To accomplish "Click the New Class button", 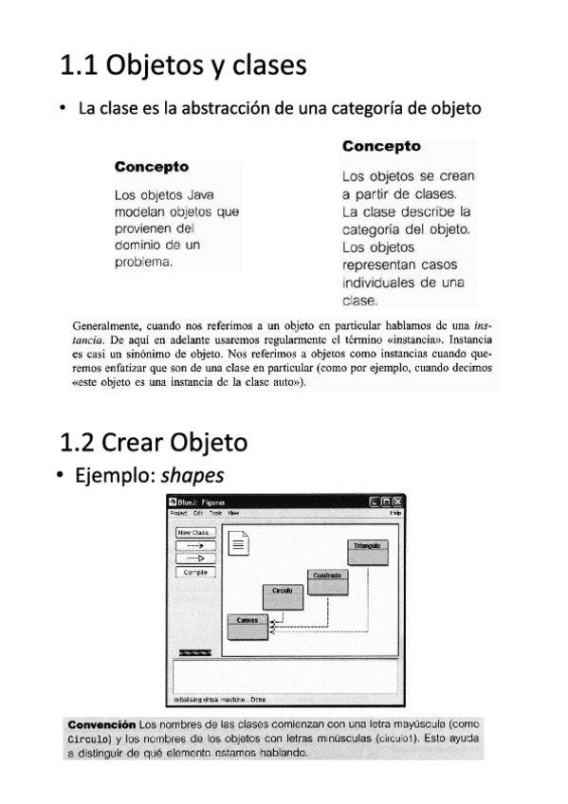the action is (x=196, y=533).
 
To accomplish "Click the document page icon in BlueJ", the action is (x=240, y=543).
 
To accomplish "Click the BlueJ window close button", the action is (x=397, y=501).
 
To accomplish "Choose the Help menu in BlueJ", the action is (x=395, y=512).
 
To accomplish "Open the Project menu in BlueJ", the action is (x=178, y=512).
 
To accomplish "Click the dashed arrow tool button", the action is (x=196, y=545).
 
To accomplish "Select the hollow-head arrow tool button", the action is (x=196, y=558).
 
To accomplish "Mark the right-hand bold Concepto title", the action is (x=381, y=146).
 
